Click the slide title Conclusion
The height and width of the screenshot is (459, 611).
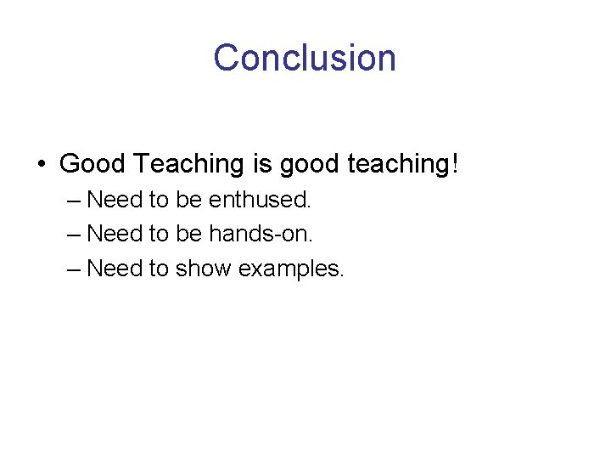(x=305, y=58)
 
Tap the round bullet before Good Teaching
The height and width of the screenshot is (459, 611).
(x=41, y=163)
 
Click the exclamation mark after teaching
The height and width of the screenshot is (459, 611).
(x=454, y=162)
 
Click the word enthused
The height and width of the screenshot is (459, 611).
(x=261, y=200)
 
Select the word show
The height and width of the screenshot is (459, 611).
(x=204, y=269)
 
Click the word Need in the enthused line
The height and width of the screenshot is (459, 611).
(x=115, y=200)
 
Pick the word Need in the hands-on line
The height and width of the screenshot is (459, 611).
(x=115, y=234)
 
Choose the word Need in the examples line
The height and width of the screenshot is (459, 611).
(x=115, y=269)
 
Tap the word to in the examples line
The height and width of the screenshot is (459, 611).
(x=159, y=269)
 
